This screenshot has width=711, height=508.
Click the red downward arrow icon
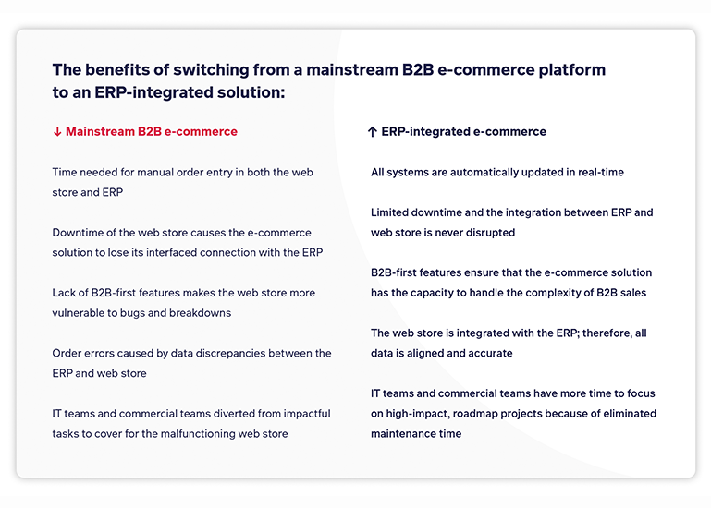[57, 132]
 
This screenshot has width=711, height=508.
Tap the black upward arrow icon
[373, 132]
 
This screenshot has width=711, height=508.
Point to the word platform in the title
[573, 70]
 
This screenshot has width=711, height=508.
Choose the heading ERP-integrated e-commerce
[463, 132]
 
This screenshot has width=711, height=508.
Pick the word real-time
[599, 173]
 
